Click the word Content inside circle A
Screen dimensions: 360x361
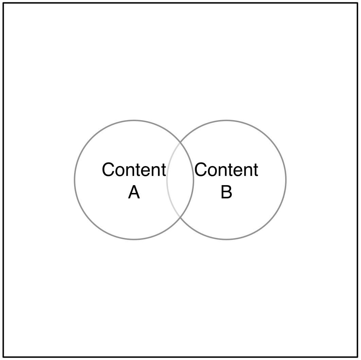point(134,170)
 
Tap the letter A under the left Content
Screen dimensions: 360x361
point(134,193)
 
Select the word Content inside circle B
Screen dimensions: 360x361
point(226,170)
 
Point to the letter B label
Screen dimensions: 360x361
point(226,193)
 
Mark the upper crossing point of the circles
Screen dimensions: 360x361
point(180,143)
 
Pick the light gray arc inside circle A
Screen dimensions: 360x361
point(167,180)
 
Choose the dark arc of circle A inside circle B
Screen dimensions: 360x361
point(193,180)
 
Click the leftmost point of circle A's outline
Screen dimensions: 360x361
point(75,180)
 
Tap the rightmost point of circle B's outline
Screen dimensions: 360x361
point(286,180)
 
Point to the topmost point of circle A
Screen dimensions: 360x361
point(134,120)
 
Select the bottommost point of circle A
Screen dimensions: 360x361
point(134,239)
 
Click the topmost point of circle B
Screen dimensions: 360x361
point(226,120)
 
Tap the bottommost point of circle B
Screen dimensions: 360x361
point(226,239)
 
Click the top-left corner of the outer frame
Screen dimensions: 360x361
point(4,3)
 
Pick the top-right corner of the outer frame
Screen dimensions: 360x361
point(358,3)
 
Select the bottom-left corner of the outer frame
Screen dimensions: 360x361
point(4,357)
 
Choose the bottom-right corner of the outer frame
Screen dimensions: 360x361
point(358,357)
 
